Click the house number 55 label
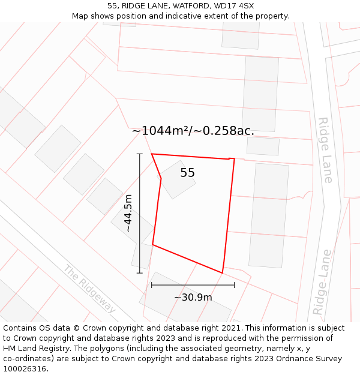click(187, 173)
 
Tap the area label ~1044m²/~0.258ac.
click(193, 131)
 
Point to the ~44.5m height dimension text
click(128, 213)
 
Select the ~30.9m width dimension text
click(193, 297)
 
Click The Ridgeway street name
click(89, 289)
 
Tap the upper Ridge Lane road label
click(325, 150)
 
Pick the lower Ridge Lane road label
click(322, 282)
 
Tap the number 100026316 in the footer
click(24, 369)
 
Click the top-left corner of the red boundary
click(152, 154)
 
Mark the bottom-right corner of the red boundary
click(222, 273)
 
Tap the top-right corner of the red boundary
click(234, 159)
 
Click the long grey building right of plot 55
click(268, 215)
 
